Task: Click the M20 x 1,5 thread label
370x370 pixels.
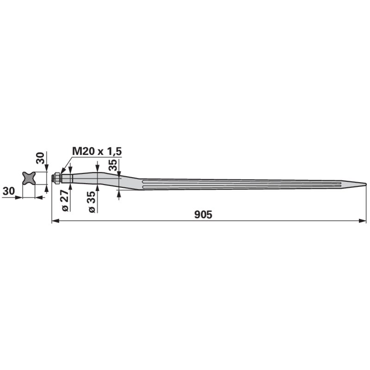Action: [97, 151]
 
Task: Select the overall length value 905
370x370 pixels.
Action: [203, 215]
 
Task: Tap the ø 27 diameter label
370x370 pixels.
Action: [65, 200]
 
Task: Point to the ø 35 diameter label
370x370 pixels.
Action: [91, 202]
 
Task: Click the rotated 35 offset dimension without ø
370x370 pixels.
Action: [113, 165]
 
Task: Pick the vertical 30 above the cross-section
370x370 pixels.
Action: [40, 158]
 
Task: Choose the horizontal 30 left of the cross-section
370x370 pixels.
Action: [9, 191]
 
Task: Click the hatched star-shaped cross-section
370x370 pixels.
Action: [29, 178]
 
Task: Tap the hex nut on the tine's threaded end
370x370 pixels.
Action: [56, 178]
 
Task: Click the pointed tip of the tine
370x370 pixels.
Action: [366, 184]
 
